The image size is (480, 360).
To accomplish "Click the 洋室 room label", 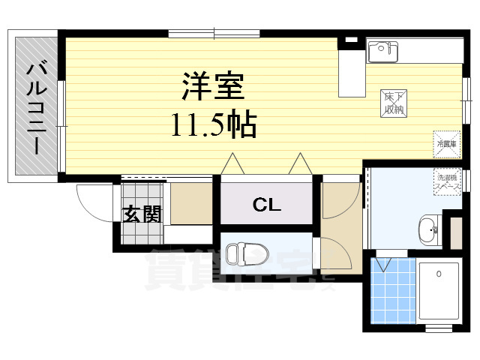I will [x=213, y=88].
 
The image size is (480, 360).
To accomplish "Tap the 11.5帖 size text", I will [x=213, y=124].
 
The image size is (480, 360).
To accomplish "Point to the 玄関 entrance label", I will [x=142, y=214].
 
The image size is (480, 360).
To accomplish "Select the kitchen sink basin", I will [x=382, y=51].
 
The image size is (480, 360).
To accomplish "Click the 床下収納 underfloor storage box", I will [x=394, y=103].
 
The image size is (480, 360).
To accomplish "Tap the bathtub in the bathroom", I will [x=439, y=292].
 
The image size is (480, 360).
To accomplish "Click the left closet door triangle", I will [x=232, y=163].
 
